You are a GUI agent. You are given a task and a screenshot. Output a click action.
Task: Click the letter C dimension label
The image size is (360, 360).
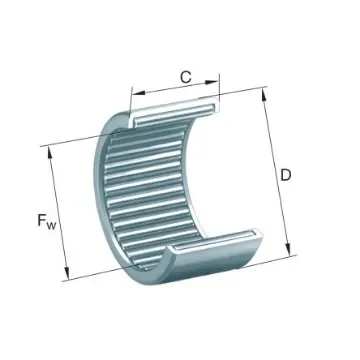coord(184,74)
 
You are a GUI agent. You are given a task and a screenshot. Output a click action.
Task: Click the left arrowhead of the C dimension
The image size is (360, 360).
coord(134,89)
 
